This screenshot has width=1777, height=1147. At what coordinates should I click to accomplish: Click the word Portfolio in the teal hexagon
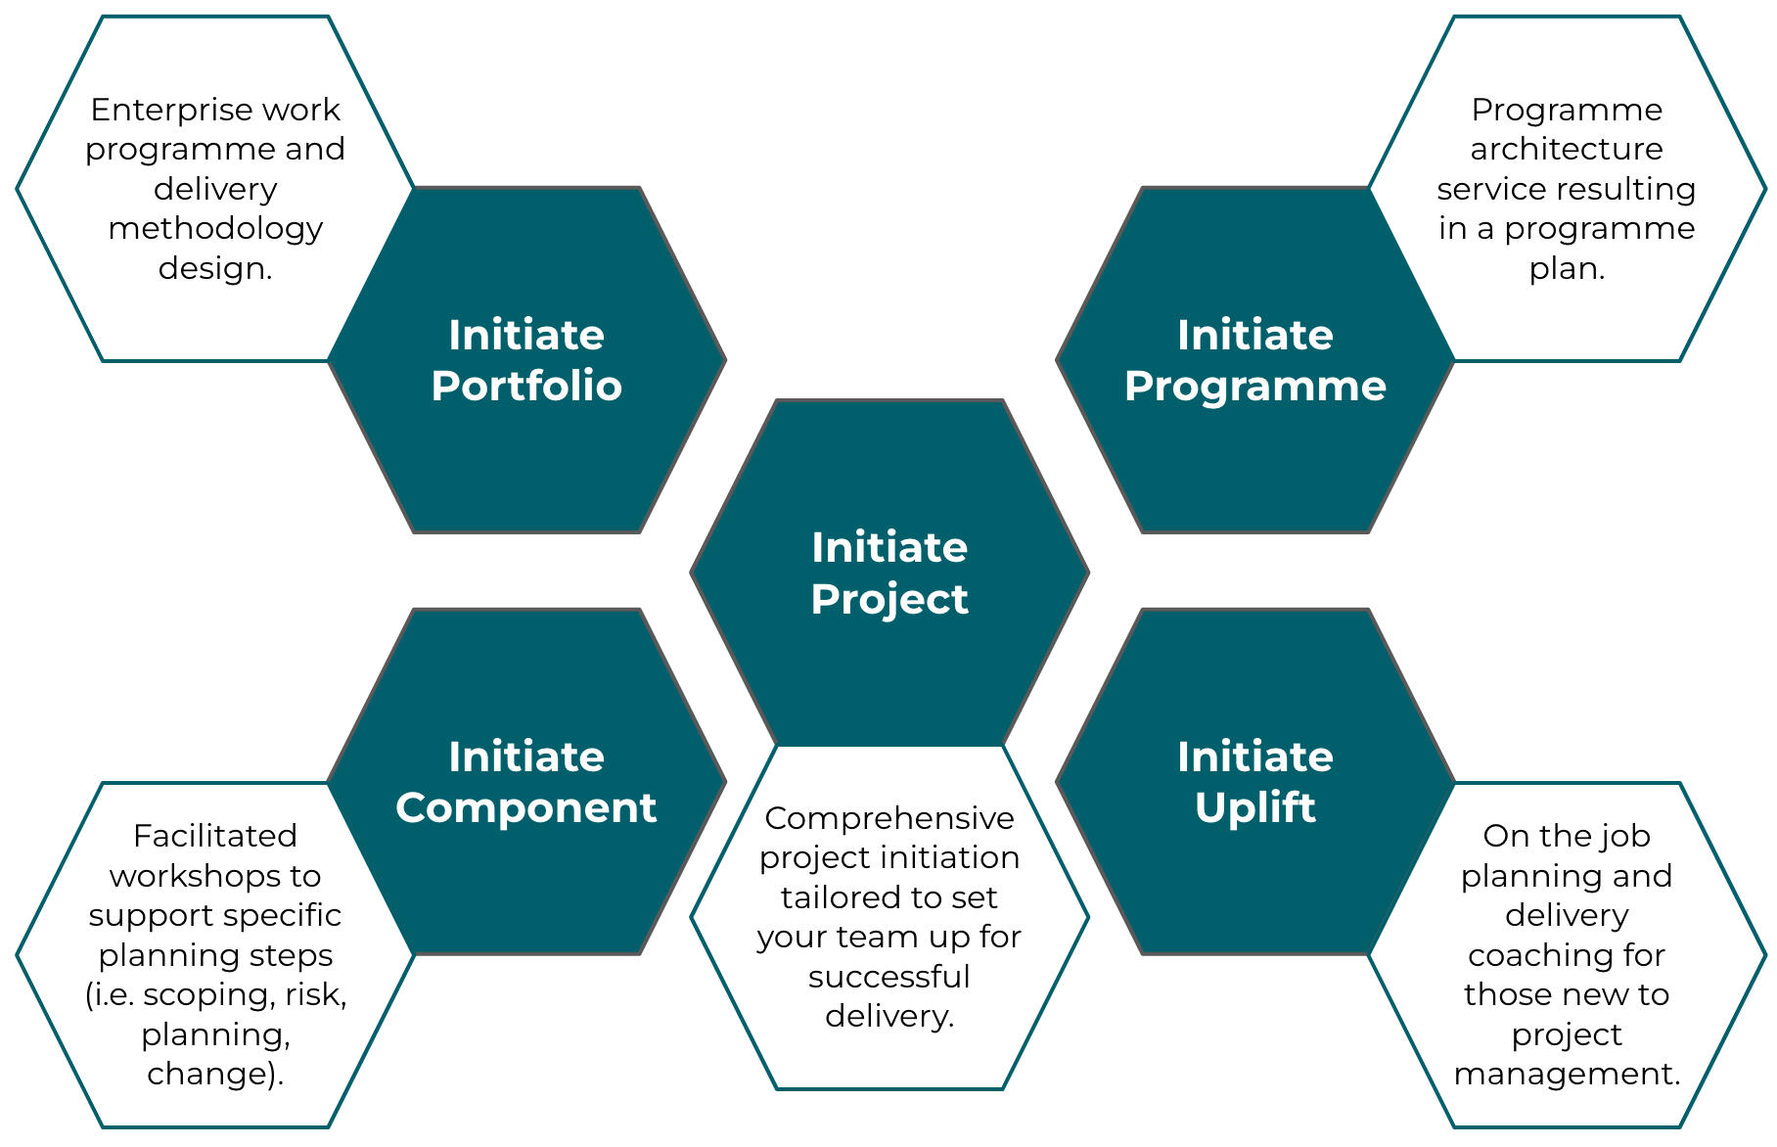pyautogui.click(x=526, y=386)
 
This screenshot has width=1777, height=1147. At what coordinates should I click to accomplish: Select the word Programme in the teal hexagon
pyautogui.click(x=1254, y=386)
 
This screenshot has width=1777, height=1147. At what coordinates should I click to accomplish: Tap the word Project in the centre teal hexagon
pyautogui.click(x=888, y=599)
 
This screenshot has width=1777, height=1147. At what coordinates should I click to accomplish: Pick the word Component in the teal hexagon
pyautogui.click(x=526, y=807)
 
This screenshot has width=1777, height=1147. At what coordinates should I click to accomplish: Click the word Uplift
pyautogui.click(x=1254, y=807)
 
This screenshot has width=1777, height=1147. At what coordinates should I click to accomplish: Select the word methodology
pyautogui.click(x=215, y=228)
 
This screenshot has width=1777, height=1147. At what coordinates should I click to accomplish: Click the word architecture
pyautogui.click(x=1566, y=149)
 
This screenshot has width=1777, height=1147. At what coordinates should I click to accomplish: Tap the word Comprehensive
pyautogui.click(x=888, y=818)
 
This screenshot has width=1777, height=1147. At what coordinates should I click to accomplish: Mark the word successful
pyautogui.click(x=888, y=977)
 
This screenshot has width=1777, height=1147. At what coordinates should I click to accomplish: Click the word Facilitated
pyautogui.click(x=215, y=836)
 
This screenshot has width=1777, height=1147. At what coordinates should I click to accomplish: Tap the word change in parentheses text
pyautogui.click(x=208, y=1074)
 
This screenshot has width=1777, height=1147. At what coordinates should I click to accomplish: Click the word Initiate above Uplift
pyautogui.click(x=1254, y=757)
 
